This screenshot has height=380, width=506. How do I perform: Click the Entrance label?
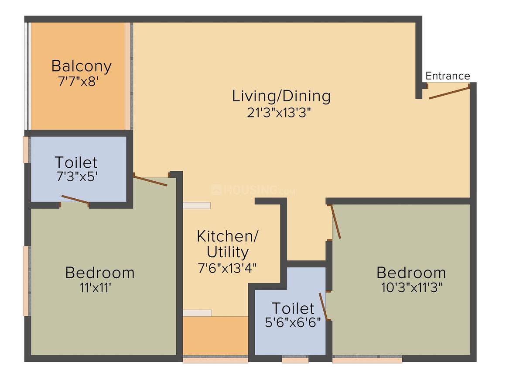[448, 76]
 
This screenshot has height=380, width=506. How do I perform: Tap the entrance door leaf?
[449, 93]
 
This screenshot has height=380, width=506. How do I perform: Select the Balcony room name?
[82, 66]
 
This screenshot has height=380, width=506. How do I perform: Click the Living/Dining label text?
[281, 96]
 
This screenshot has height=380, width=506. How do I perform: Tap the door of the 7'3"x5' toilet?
[75, 200]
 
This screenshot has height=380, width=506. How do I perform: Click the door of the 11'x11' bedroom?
[150, 180]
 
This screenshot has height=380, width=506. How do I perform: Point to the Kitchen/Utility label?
[228, 244]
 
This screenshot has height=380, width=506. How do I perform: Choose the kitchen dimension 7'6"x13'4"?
[227, 268]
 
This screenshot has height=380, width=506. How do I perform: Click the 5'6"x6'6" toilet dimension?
[293, 323]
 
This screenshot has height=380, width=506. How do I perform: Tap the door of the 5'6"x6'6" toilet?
[323, 307]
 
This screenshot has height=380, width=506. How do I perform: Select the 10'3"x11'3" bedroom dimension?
[411, 288]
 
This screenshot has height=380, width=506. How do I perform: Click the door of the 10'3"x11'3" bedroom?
[336, 222]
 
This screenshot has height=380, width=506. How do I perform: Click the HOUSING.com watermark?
[253, 190]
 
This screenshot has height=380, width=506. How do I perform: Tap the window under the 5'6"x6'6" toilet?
[295, 360]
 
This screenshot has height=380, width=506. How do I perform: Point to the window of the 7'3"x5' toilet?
[27, 150]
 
